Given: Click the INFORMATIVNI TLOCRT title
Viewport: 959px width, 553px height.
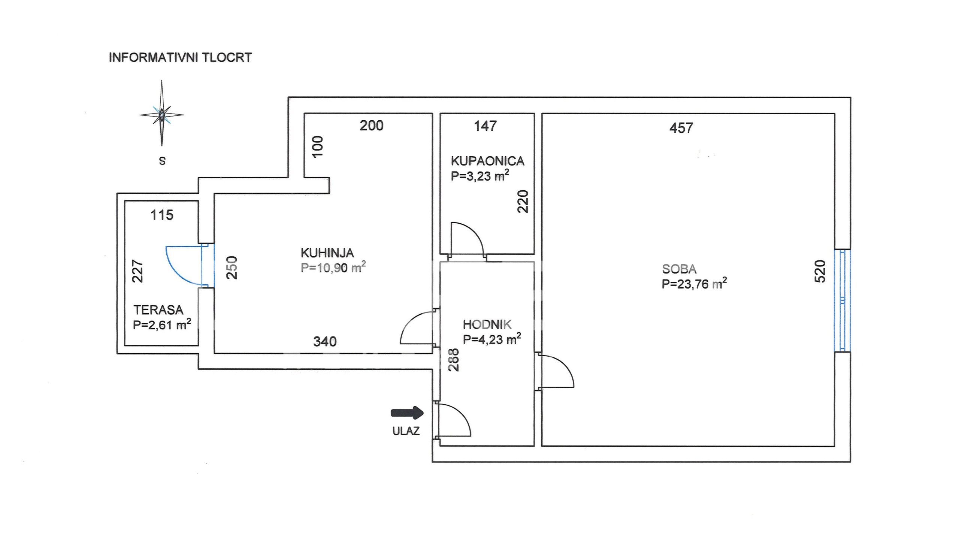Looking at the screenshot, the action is point(180,57).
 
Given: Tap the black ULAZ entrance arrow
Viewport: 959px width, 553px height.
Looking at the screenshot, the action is point(407,413).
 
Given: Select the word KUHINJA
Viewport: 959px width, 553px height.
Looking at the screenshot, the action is point(327,253).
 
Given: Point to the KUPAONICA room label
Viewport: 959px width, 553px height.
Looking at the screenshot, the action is point(487,161).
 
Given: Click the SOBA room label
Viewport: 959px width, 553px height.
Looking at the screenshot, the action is point(679,269).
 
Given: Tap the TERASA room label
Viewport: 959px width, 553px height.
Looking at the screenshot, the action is point(158,310).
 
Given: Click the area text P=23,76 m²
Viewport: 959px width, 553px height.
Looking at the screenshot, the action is point(695,284).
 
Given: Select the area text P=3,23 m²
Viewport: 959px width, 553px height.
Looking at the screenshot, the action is point(480,176).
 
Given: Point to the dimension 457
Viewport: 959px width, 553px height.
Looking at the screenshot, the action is point(681,128).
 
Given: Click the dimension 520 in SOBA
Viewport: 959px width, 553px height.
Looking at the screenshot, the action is point(820,271).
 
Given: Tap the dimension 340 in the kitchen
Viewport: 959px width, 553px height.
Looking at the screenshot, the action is point(325,342).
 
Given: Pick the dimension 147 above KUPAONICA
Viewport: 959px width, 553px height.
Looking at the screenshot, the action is point(485,126).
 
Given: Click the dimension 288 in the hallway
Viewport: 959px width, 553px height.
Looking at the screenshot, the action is point(453,360).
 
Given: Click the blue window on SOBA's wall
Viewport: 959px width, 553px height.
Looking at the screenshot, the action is point(842,300).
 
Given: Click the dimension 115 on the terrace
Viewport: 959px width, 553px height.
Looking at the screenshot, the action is point(162,215).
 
